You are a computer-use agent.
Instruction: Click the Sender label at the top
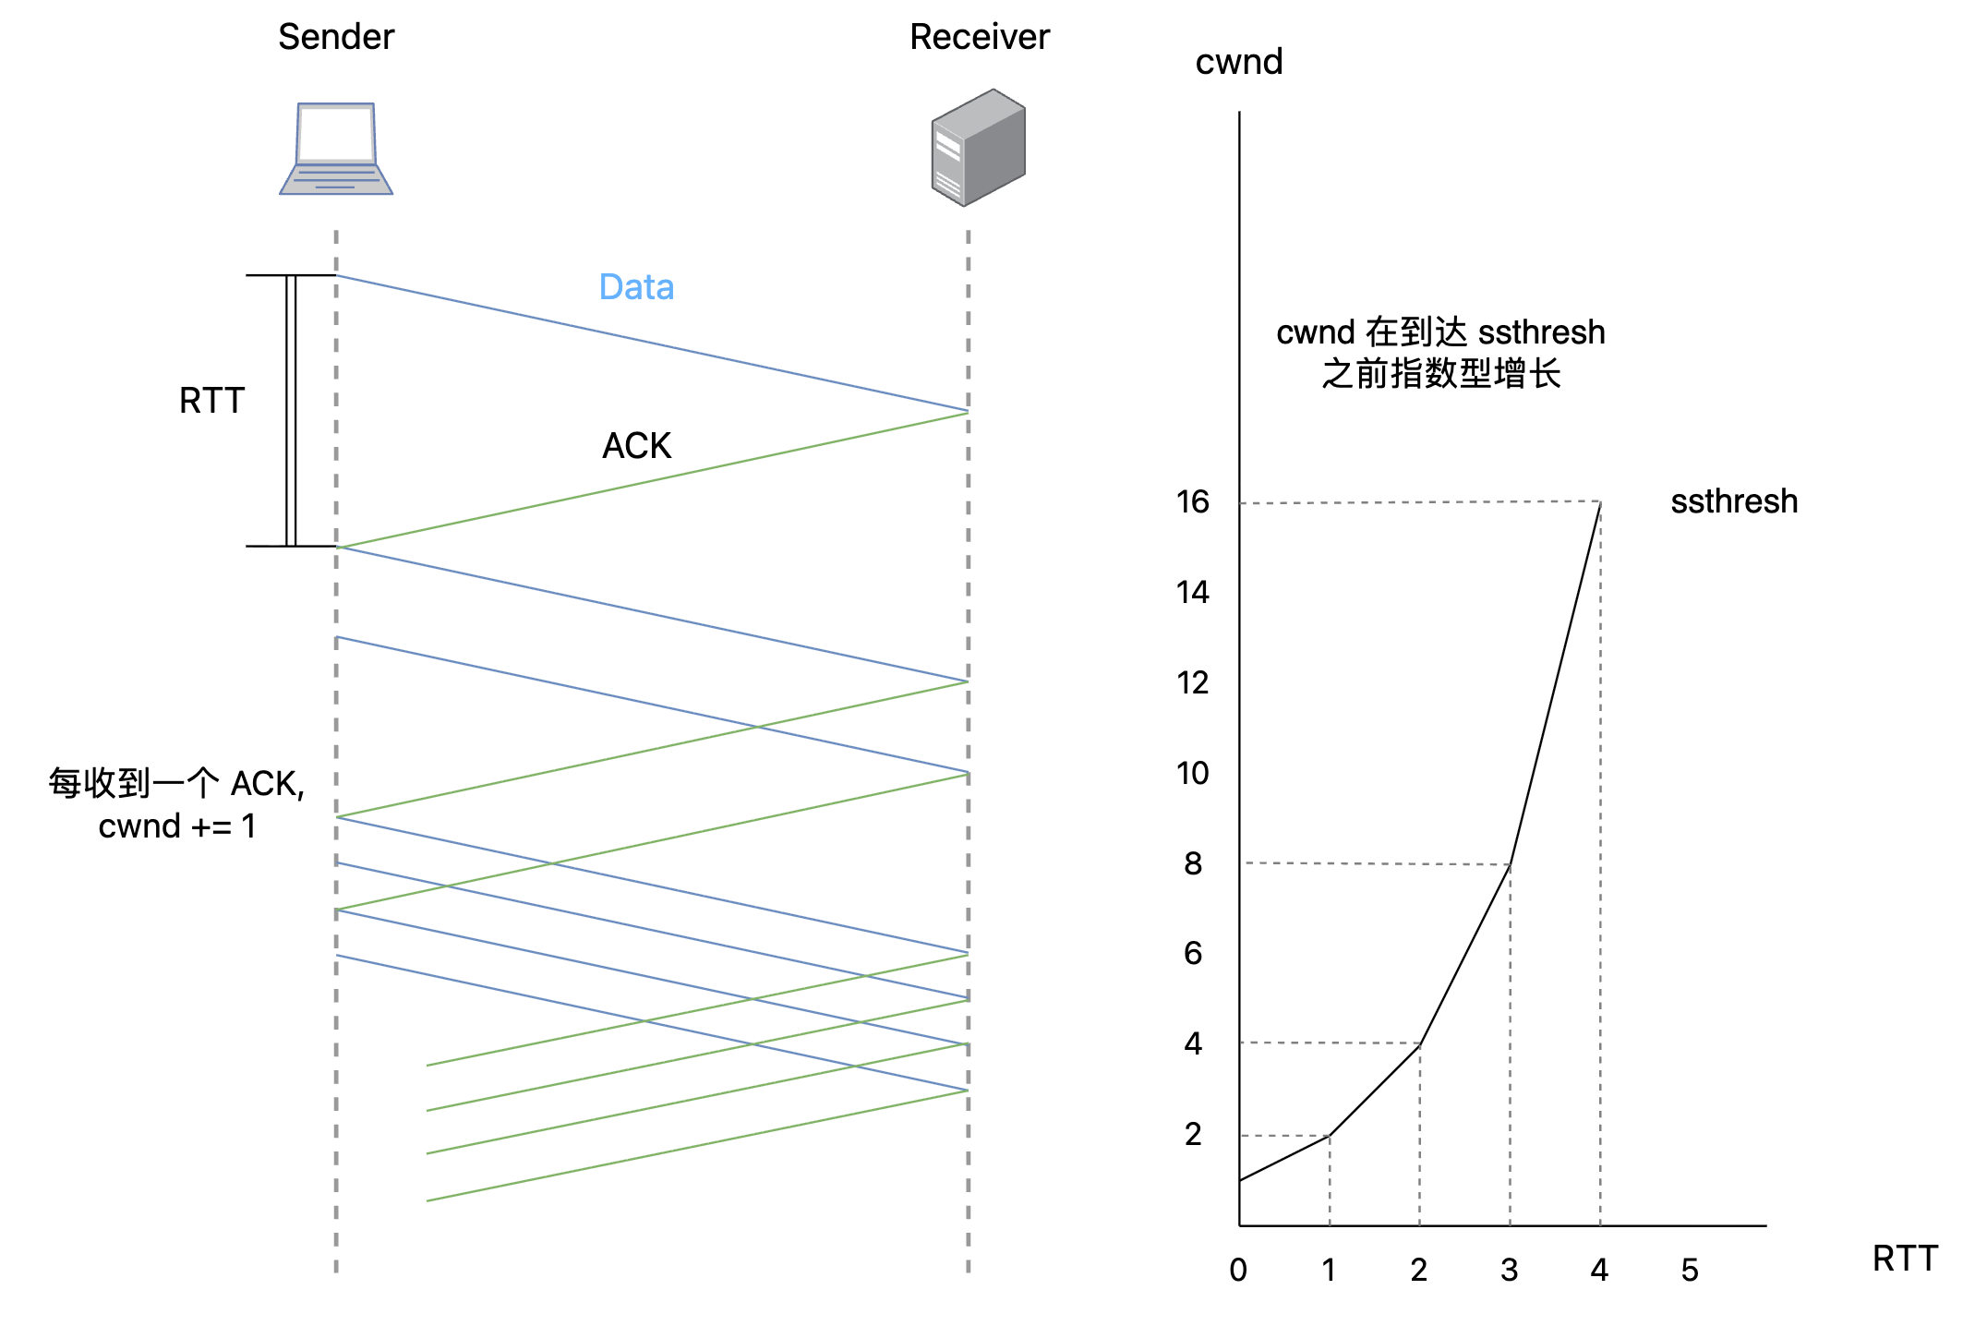[336, 37]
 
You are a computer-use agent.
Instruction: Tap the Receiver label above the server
[980, 37]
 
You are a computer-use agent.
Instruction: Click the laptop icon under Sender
[336, 149]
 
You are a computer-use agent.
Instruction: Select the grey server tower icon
[979, 147]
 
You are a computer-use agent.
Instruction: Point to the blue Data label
[636, 287]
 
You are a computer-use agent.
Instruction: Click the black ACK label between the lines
[636, 446]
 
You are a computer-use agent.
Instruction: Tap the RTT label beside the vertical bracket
[211, 401]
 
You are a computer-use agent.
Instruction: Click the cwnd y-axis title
[1238, 62]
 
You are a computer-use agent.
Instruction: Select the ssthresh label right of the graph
[1734, 501]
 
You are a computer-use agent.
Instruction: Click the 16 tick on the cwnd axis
[1192, 501]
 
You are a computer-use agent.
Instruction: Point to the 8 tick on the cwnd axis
[1193, 863]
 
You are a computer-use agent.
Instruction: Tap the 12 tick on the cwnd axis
[1192, 682]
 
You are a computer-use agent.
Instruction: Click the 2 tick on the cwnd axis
[1193, 1134]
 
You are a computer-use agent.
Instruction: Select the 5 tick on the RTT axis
[1690, 1271]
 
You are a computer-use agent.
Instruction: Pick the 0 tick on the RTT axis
[1238, 1271]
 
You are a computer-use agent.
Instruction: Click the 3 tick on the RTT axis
[1510, 1271]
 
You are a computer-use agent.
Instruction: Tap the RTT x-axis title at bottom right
[1905, 1259]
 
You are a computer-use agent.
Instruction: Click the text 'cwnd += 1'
[177, 826]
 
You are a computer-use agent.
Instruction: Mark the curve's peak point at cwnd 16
[1600, 502]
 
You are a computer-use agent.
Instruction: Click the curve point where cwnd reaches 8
[1510, 864]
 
